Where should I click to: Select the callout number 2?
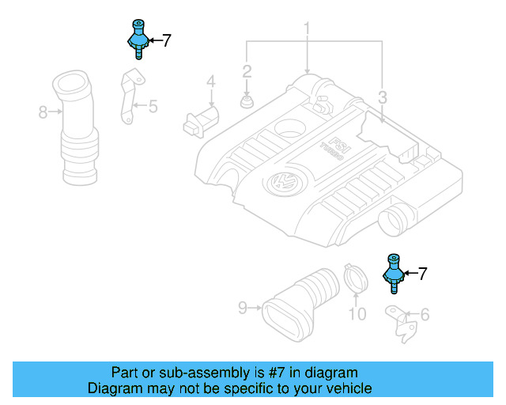tap(247, 72)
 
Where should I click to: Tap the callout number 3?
tap(382, 98)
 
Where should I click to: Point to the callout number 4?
tap(211, 81)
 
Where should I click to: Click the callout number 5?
tap(153, 104)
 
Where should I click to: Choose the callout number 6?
tap(425, 316)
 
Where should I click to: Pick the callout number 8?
tap(43, 112)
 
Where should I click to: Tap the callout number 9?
tap(244, 306)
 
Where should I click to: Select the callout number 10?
tap(357, 315)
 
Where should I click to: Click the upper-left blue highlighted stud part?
tap(137, 38)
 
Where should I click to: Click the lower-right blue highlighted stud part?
tap(393, 273)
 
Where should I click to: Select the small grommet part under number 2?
tap(247, 102)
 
